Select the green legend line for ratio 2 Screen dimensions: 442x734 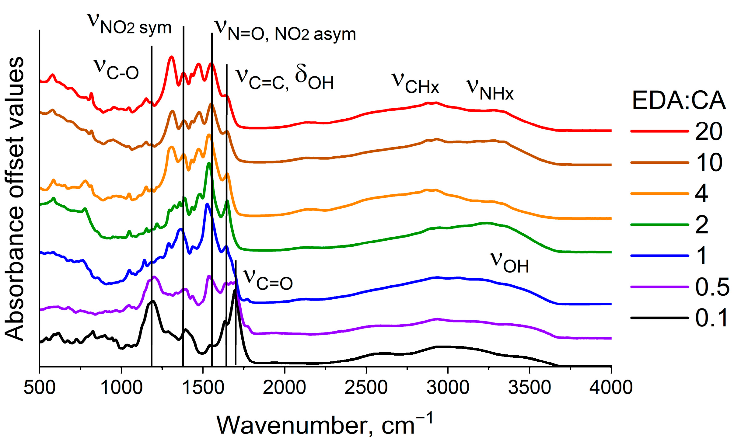[659, 225]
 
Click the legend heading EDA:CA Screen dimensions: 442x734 [679, 100]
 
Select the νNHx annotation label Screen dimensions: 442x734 [490, 90]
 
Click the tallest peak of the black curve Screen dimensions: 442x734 [235, 291]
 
